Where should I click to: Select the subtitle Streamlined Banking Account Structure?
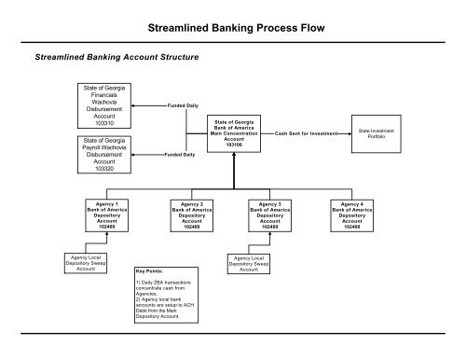(116, 58)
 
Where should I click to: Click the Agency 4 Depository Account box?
(351, 214)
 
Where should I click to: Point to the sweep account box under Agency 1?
(89, 264)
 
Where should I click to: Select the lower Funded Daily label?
(180, 154)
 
